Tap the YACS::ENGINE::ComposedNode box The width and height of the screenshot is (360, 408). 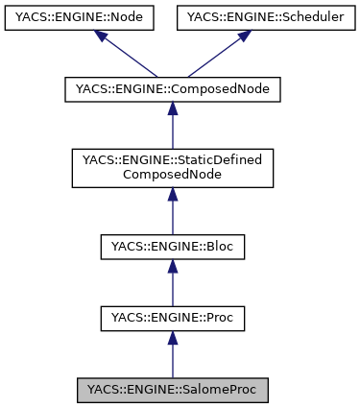[x=173, y=90]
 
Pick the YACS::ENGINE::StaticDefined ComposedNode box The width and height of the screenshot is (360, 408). [x=173, y=168]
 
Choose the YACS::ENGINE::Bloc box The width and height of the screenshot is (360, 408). [x=173, y=247]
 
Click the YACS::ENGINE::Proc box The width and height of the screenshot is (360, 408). [x=173, y=318]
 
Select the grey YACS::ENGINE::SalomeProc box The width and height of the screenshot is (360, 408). [x=173, y=390]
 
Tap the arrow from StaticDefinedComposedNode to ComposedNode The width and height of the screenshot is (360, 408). [x=173, y=126]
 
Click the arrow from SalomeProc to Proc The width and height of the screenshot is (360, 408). [x=173, y=354]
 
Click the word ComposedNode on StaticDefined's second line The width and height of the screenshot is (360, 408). [x=173, y=176]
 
